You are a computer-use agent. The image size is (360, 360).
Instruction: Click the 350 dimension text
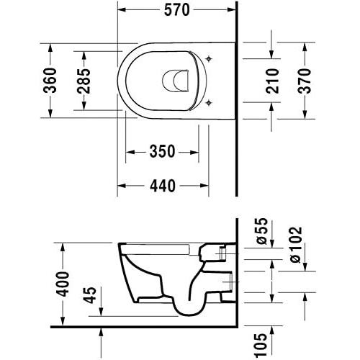click(x=163, y=152)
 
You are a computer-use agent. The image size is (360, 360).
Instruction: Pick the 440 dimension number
click(x=163, y=186)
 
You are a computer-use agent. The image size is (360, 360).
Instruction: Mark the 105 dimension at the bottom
click(x=261, y=343)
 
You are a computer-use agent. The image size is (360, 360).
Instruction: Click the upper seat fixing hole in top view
click(x=208, y=58)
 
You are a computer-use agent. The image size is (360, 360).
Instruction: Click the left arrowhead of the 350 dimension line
click(x=129, y=152)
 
